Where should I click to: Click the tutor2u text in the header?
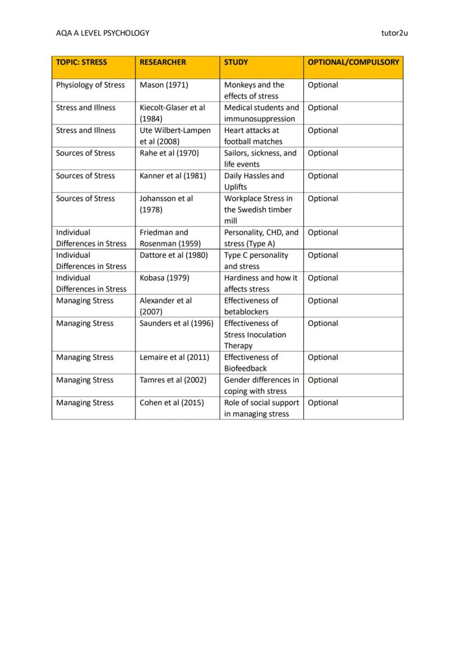pyautogui.click(x=394, y=33)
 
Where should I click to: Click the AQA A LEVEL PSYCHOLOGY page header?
pyautogui.click(x=103, y=33)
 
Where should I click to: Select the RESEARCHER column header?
pyautogui.click(x=163, y=62)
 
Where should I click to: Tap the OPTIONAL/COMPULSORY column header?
pyautogui.click(x=353, y=62)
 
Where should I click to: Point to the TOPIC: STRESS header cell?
pyautogui.click(x=81, y=62)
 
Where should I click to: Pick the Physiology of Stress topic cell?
pyautogui.click(x=90, y=85)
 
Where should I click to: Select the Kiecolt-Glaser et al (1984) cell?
pyautogui.click(x=172, y=113)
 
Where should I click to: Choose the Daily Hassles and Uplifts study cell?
pyautogui.click(x=254, y=181)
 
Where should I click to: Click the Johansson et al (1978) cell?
pyautogui.click(x=166, y=204)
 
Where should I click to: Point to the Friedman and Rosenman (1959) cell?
pyautogui.click(x=170, y=238)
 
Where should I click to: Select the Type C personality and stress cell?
pyautogui.click(x=256, y=261)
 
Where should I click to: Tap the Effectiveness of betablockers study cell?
pyautogui.click(x=251, y=306)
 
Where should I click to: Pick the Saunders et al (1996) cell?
pyautogui.click(x=177, y=324)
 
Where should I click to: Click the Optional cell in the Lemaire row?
pyautogui.click(x=323, y=357)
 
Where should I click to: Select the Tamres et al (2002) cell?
pyautogui.click(x=173, y=380)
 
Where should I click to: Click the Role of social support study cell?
pyautogui.click(x=261, y=408)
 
